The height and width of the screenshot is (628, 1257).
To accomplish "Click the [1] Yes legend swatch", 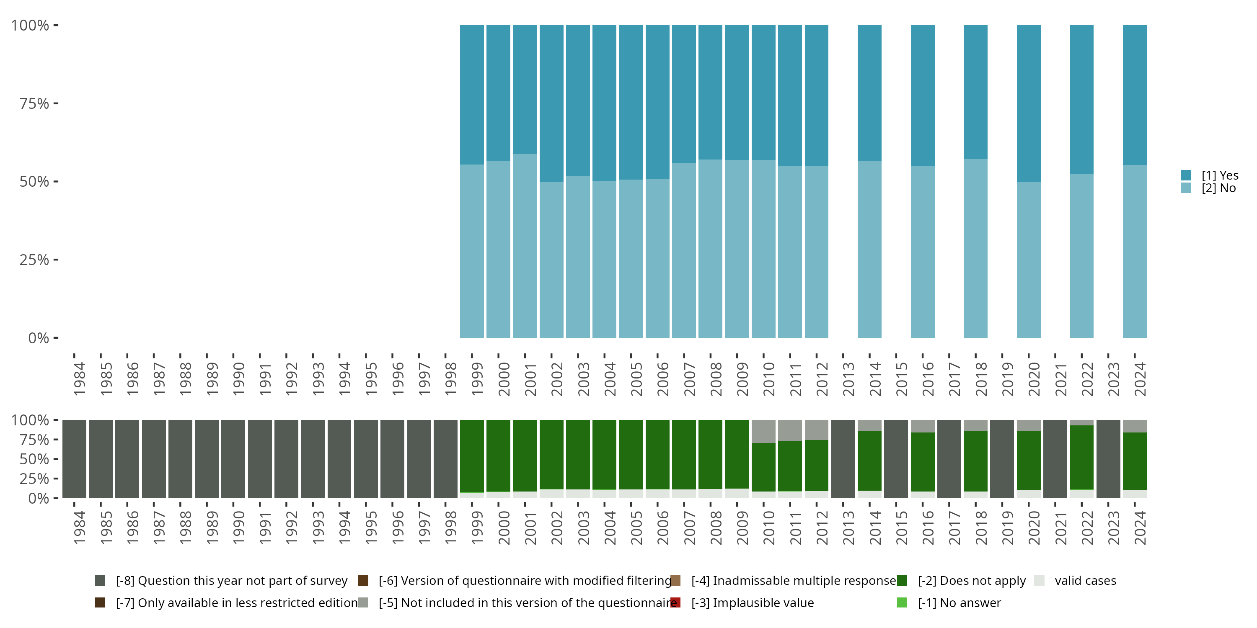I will [x=1185, y=175].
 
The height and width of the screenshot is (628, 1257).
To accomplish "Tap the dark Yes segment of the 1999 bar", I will [x=472, y=95].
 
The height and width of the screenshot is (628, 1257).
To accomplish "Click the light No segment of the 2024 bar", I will [x=1135, y=251].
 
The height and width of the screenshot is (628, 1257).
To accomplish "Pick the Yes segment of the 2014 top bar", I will [x=869, y=93].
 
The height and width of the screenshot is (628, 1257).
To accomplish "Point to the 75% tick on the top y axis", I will [x=56, y=103].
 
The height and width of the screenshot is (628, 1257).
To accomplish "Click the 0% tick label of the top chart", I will [x=38, y=338].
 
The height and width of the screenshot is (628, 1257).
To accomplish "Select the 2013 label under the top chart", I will [x=848, y=379].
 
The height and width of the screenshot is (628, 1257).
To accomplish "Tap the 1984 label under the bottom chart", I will [x=79, y=528].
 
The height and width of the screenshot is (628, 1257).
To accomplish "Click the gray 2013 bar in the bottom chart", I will [x=843, y=459].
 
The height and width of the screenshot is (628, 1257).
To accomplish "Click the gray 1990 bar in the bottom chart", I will [x=233, y=459].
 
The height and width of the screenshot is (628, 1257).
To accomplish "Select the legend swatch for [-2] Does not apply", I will [x=902, y=580].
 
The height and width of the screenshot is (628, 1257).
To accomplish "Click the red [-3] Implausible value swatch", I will [x=675, y=602].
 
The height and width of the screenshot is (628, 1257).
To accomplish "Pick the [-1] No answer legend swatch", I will [x=902, y=602].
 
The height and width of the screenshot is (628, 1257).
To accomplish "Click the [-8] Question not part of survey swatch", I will [x=100, y=580].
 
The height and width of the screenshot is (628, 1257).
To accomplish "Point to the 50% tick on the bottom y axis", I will [x=56, y=459].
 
